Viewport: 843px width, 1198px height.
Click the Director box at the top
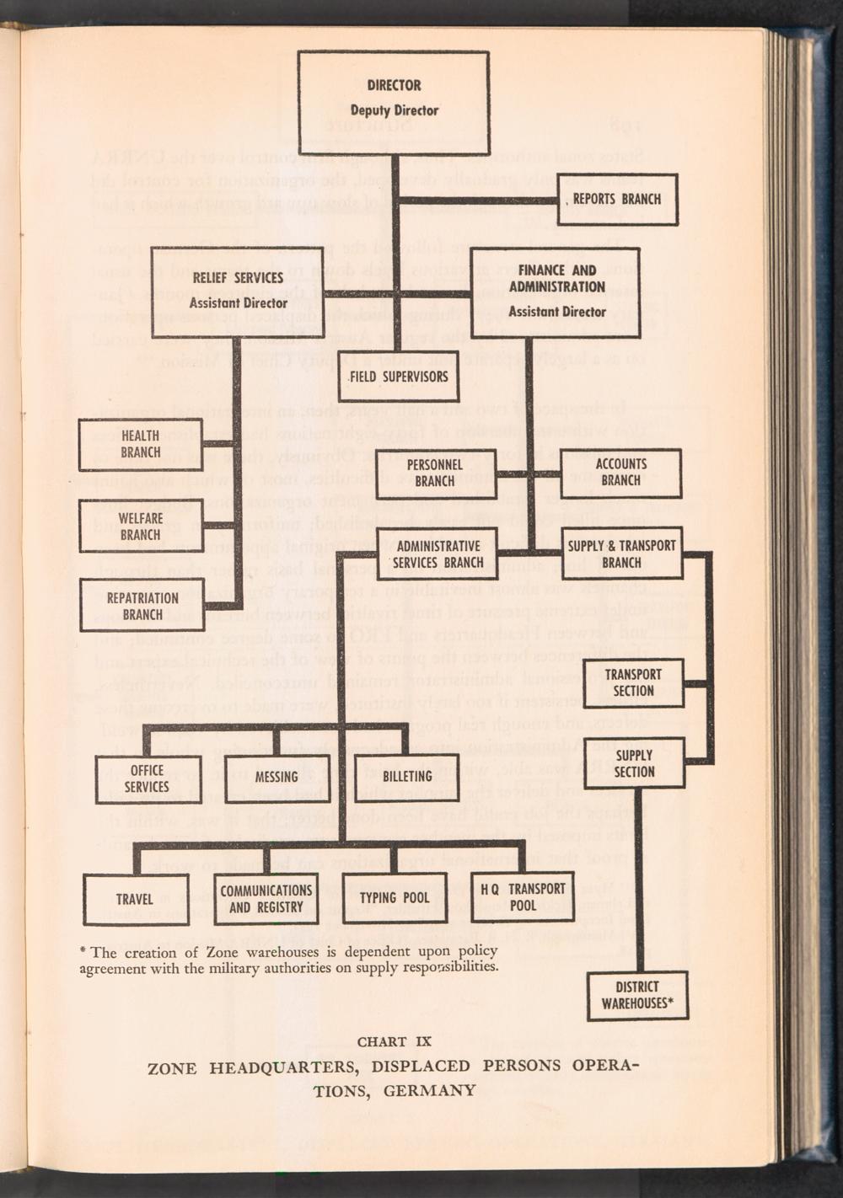click(x=394, y=102)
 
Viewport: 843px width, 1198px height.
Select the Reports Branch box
click(x=617, y=200)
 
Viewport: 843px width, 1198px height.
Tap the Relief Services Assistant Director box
click(x=238, y=291)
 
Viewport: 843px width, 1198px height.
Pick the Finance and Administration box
click(x=556, y=291)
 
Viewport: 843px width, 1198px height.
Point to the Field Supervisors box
click(x=399, y=377)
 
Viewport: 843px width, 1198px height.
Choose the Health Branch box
click(x=141, y=444)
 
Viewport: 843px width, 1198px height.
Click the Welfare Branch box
click(x=141, y=526)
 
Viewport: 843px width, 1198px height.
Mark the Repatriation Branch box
click(x=142, y=606)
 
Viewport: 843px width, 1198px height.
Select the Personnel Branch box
click(x=435, y=473)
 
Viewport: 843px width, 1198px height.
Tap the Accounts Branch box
click(x=621, y=472)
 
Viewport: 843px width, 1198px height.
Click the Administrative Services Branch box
click(x=438, y=554)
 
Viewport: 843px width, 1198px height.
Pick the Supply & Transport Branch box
click(x=621, y=554)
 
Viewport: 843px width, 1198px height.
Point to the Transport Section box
click(x=633, y=682)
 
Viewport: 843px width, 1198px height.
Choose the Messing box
click(x=277, y=777)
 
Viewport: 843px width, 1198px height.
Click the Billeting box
click(x=407, y=777)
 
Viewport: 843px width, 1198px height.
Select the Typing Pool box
click(x=395, y=898)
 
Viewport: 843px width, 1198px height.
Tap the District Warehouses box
click(x=637, y=995)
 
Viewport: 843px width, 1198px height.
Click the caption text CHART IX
click(x=395, y=1041)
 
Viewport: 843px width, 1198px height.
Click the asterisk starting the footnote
click(x=83, y=951)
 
